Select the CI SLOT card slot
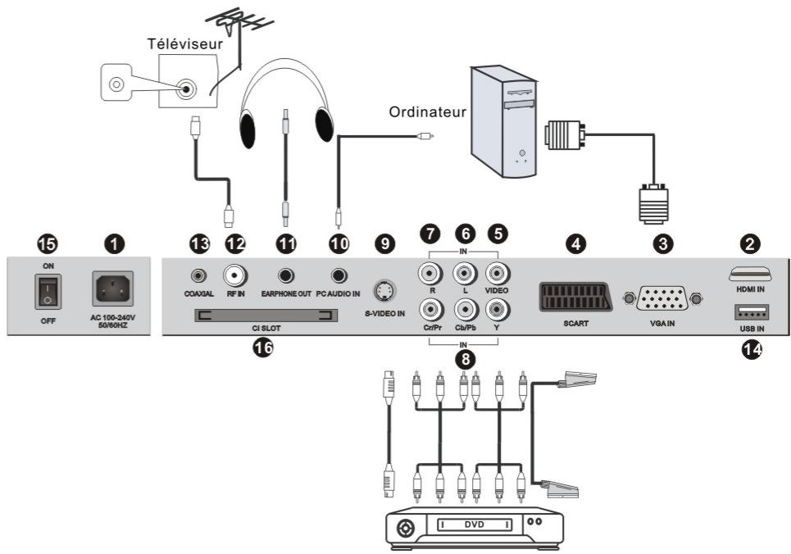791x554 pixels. [266, 317]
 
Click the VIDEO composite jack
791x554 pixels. [497, 272]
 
